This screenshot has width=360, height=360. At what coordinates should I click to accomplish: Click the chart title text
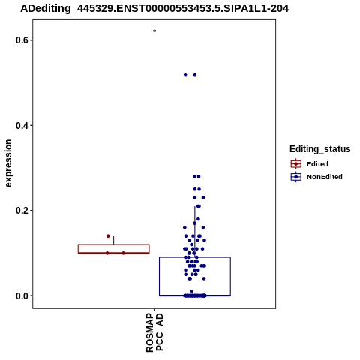(154, 9)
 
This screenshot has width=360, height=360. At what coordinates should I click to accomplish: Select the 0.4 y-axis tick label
(21, 125)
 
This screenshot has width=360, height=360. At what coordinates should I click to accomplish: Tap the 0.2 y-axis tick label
(21, 211)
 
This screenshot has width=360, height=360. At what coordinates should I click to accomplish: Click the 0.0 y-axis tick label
(21, 295)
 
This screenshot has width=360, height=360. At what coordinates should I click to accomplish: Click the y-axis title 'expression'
(8, 163)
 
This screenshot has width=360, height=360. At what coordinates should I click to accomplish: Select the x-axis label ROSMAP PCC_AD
(154, 332)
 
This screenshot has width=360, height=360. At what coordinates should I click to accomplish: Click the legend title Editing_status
(320, 149)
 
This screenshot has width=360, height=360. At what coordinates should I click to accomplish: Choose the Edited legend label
(317, 164)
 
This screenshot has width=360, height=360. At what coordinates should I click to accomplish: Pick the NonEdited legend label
(325, 177)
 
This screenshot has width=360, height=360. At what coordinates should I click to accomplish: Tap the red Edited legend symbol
(296, 164)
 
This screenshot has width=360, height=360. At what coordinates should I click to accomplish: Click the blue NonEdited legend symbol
(296, 177)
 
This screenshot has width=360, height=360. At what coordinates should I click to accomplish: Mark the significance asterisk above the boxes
(154, 31)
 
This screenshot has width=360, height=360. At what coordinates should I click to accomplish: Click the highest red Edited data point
(108, 236)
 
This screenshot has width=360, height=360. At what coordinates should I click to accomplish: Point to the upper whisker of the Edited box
(114, 240)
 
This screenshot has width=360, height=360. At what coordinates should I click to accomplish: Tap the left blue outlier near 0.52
(185, 74)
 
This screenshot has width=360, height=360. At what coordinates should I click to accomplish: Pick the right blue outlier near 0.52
(195, 74)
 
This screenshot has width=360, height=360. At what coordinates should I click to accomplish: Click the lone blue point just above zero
(191, 291)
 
